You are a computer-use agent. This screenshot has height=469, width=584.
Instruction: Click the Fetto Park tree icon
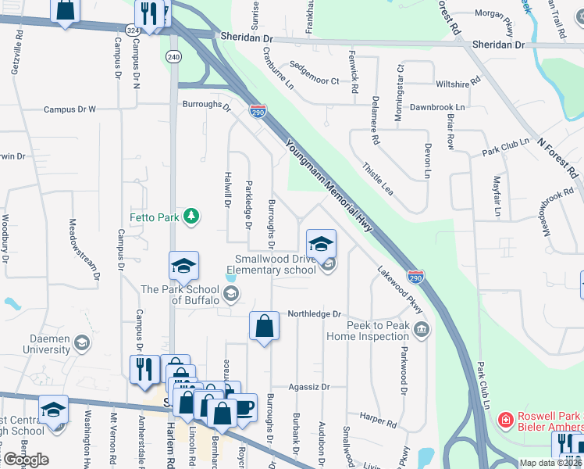point(190,217)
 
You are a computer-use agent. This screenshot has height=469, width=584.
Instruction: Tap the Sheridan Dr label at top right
point(498,45)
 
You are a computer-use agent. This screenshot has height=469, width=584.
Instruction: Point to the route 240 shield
point(174,57)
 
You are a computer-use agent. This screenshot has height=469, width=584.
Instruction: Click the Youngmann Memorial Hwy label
point(328,187)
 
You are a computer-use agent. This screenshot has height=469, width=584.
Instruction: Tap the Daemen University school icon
point(81,342)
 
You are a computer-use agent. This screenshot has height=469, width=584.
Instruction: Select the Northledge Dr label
point(315,314)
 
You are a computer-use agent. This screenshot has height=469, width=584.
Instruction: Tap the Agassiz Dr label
point(310,386)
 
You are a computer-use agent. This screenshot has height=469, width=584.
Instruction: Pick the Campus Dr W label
point(69,109)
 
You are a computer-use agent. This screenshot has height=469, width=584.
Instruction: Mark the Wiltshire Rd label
point(458,83)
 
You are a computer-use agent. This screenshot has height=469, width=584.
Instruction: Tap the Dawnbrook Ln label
point(437,106)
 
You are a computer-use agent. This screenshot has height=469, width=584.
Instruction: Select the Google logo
point(26,460)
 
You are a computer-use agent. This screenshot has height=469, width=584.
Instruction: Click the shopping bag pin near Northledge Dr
point(264,327)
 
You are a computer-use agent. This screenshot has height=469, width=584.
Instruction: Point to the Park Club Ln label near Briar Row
point(506,147)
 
